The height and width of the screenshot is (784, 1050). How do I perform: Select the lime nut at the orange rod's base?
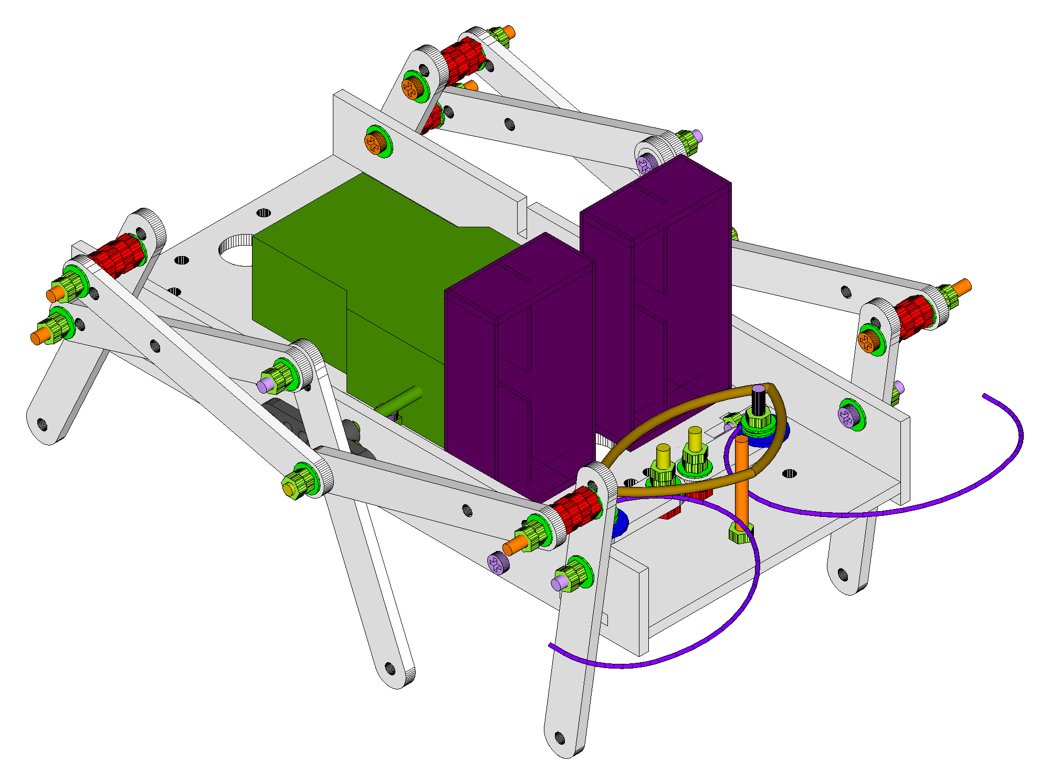pos(740,534)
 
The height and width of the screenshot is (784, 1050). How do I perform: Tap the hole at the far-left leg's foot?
pos(42,423)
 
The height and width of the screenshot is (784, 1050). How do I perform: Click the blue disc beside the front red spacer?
pos(620,522)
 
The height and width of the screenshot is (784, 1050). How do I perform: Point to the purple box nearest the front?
pos(520,367)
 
